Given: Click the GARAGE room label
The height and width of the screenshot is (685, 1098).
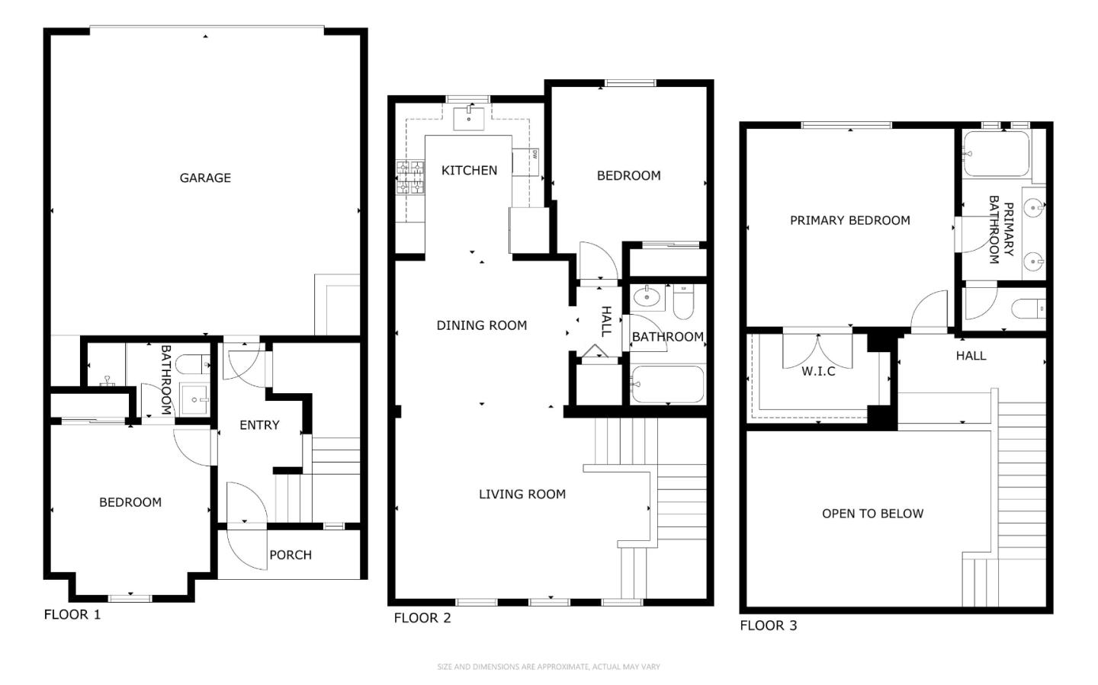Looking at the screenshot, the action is click(x=205, y=178).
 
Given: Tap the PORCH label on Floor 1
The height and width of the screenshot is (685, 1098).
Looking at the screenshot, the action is click(x=291, y=555).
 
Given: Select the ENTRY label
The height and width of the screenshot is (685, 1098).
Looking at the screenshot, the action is click(x=259, y=425).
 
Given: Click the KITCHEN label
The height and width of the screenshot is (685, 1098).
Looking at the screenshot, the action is click(x=469, y=170).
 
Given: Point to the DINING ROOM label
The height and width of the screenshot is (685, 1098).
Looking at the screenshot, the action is click(x=482, y=325).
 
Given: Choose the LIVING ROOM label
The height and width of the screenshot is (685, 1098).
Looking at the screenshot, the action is click(x=522, y=494).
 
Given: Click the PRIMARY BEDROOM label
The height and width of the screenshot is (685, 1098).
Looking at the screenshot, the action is click(x=850, y=220).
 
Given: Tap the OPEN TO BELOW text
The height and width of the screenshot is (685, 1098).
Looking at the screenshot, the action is click(x=872, y=514).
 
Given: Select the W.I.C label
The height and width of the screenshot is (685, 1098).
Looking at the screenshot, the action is click(x=818, y=371).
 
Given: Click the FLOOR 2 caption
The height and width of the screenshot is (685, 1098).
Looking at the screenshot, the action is click(x=422, y=618).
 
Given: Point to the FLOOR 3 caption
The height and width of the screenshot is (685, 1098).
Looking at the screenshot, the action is click(x=768, y=626).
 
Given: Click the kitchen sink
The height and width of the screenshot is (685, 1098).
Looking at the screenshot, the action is click(x=469, y=119).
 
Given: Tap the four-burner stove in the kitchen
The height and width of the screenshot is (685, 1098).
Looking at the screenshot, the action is click(x=409, y=178).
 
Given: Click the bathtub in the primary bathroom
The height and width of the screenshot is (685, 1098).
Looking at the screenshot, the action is click(x=996, y=154).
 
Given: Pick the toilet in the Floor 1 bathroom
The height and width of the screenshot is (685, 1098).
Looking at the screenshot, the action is click(x=193, y=364).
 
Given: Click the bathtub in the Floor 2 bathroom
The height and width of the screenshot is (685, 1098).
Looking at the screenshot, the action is click(x=668, y=385).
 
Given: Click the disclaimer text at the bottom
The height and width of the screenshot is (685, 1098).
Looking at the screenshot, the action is click(x=548, y=667).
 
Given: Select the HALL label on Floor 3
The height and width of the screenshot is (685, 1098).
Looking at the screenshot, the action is click(x=971, y=356).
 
